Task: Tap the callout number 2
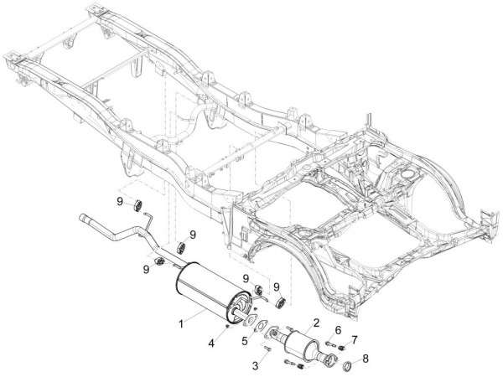click(x=316, y=322)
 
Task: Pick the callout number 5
click(x=245, y=341)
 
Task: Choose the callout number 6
click(x=339, y=330)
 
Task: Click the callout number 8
click(x=365, y=360)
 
